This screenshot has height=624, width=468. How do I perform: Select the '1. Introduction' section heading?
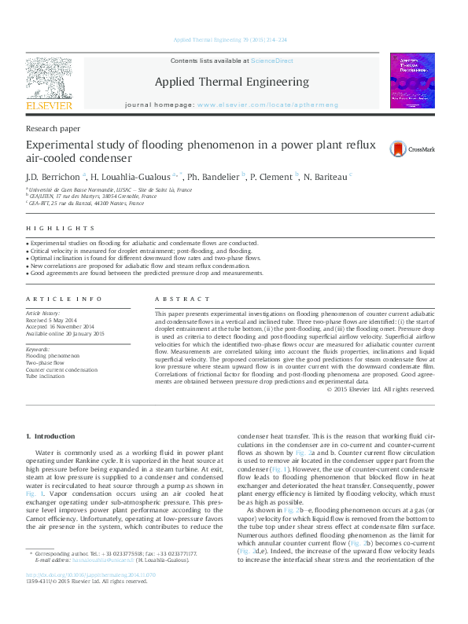(x=50, y=436)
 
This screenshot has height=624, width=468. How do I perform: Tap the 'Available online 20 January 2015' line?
(x=65, y=333)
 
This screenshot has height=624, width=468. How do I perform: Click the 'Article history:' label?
(x=44, y=313)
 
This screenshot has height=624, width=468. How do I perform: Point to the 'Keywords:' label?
(x=39, y=349)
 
